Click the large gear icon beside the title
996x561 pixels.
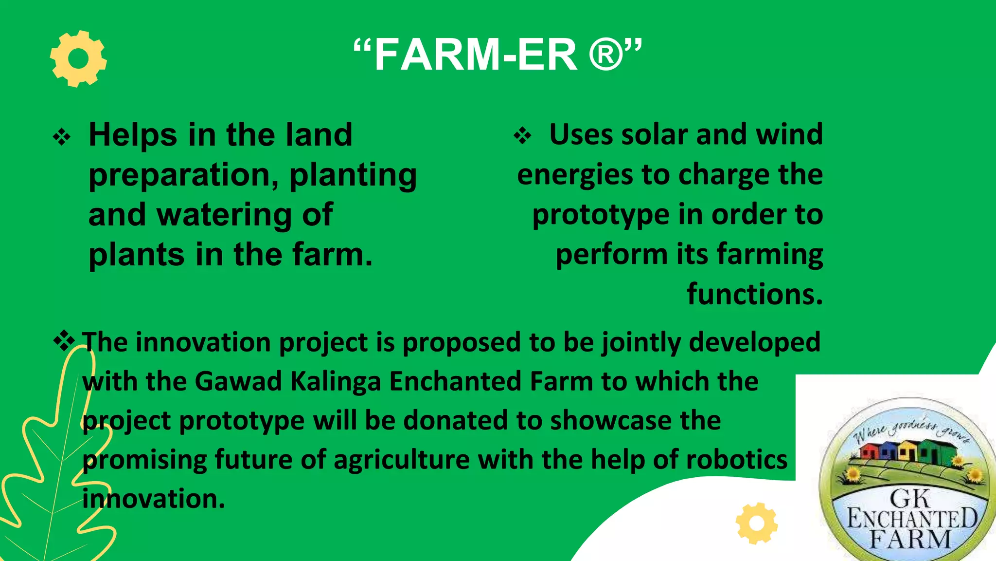(78, 59)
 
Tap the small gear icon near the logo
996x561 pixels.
(756, 524)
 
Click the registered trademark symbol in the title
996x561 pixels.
(606, 55)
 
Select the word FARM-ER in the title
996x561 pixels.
(476, 55)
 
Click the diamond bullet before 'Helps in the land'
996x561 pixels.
(62, 137)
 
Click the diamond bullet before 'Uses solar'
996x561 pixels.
(523, 136)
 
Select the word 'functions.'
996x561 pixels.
(754, 294)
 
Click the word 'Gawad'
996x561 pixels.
(238, 381)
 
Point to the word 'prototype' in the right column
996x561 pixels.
(601, 215)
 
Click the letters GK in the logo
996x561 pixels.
(909, 499)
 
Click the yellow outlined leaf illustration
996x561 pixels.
(53, 463)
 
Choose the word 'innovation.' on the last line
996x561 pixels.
(154, 499)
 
